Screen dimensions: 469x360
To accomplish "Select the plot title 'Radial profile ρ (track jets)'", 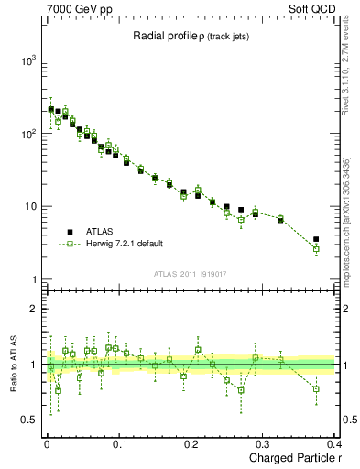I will (x=191, y=36).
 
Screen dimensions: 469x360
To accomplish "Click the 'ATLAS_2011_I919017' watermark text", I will (x=191, y=273).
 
